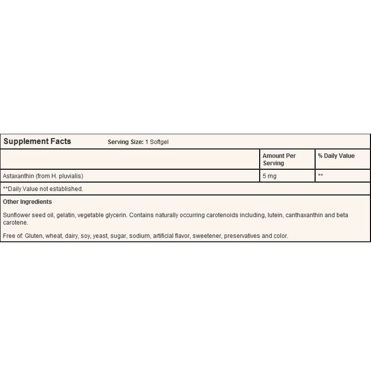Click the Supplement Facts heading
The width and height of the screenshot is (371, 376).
(x=37, y=142)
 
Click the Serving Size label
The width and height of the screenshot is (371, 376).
(x=125, y=142)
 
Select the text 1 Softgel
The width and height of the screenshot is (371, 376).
(x=157, y=142)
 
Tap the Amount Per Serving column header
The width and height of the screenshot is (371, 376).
(x=279, y=160)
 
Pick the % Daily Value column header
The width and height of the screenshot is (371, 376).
(x=336, y=156)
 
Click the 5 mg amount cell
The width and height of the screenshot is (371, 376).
(x=269, y=176)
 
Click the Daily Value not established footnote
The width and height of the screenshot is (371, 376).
(x=43, y=189)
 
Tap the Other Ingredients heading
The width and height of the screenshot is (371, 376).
(x=27, y=202)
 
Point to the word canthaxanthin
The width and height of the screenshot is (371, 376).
(x=304, y=215)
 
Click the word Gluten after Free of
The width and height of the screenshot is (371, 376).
(x=34, y=236)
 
